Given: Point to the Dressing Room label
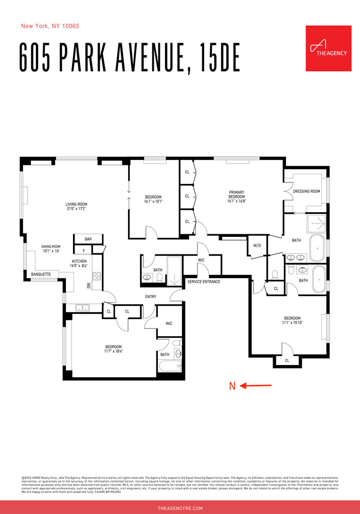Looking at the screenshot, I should tap(306, 192).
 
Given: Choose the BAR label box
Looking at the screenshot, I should tap(88, 239).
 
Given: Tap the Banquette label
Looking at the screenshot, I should tap(41, 274).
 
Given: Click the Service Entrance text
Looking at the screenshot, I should tap(204, 282).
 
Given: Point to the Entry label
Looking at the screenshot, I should tap(151, 297).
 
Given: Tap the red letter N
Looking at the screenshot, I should tap(232, 386).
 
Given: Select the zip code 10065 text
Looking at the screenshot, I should tap(70, 26).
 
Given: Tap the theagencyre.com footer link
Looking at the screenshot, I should tap(180, 508).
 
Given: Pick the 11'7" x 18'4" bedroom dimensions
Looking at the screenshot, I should tap(114, 352).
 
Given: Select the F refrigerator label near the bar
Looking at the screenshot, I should tap(83, 251).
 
